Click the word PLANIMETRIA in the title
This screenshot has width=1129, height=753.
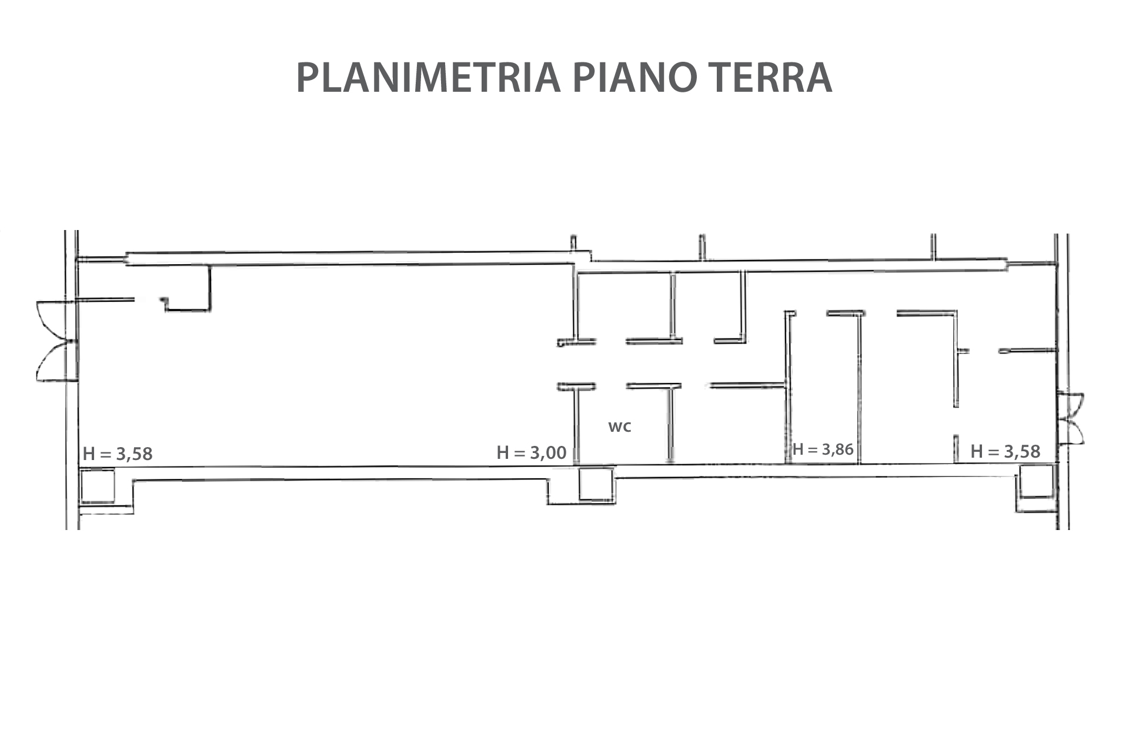[x=428, y=77]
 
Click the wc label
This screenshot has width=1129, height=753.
[x=620, y=427]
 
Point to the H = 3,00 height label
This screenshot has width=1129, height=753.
[x=532, y=452]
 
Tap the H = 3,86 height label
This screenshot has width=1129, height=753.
[x=823, y=449]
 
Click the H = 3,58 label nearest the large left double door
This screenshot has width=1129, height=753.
[x=118, y=454]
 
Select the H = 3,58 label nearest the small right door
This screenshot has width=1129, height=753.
[x=1006, y=451]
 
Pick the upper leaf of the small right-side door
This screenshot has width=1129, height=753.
[x=1071, y=405]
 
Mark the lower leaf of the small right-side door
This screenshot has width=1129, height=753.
[x=1071, y=432]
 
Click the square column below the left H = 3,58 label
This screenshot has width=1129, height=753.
[x=98, y=485]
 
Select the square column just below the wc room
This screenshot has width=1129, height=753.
[x=596, y=484]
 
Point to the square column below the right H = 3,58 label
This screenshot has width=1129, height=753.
[x=1036, y=481]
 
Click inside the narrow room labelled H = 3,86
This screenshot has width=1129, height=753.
[x=823, y=388]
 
